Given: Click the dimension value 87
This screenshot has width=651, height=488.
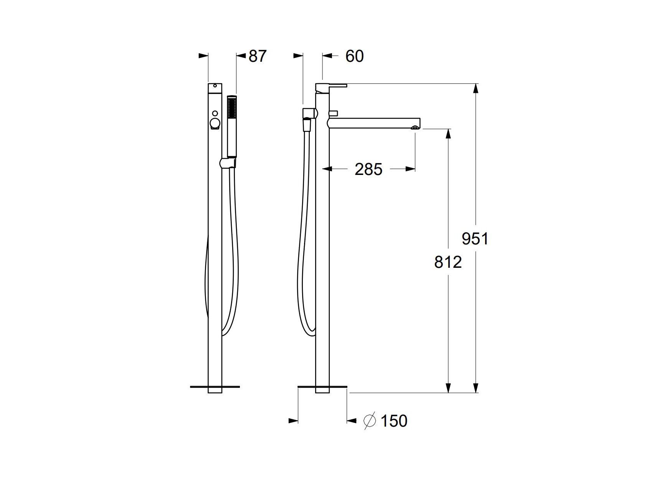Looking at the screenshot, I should point(257,56).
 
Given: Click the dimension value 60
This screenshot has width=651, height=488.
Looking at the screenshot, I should point(354,56).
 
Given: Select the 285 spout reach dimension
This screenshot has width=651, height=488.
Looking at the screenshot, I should point(368,169).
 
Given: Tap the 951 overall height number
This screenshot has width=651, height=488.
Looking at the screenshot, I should point(475,239).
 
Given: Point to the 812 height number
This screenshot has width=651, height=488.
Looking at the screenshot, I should point(448,262).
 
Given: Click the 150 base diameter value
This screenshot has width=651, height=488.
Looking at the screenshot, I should point(394,421).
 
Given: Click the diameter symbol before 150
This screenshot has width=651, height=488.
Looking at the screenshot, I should point(369,421).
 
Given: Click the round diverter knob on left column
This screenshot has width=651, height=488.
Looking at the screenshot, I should point(215,124).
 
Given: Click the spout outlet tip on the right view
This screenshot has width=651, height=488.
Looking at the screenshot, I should point(415,127).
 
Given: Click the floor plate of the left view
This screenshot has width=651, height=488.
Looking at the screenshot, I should point(215,387).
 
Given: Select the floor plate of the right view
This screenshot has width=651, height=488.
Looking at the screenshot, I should point(322,387).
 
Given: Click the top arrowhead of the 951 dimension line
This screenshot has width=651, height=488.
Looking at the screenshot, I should point(476,88).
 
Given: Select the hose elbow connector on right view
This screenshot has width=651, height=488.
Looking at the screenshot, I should point(309,113).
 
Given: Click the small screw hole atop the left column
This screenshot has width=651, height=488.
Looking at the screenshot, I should point(215,86).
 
